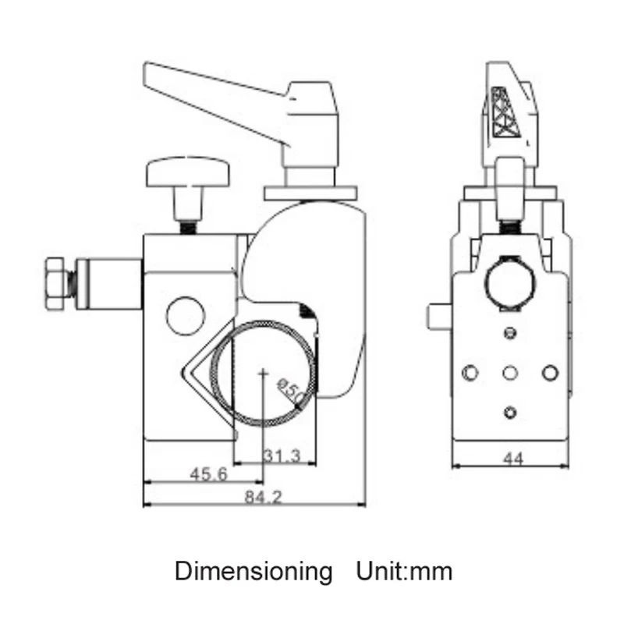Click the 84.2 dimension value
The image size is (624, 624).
[x=263, y=497]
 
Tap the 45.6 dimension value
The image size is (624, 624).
[x=208, y=474]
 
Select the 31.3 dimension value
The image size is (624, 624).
[x=282, y=456]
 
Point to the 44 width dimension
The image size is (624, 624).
[x=513, y=459]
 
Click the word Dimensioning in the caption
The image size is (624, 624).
[x=253, y=572]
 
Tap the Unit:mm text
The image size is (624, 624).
[x=404, y=572]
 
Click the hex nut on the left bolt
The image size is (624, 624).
[x=55, y=283]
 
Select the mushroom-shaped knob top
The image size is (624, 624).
[x=188, y=172]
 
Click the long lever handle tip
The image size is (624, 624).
[x=146, y=73]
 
